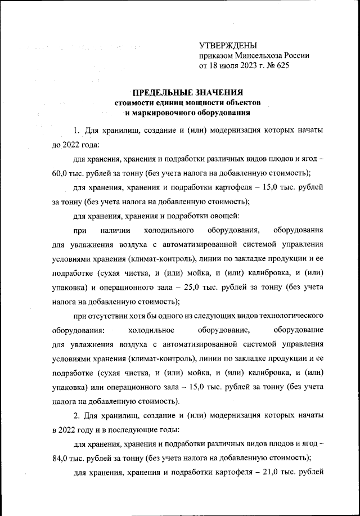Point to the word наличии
point(115,231)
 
